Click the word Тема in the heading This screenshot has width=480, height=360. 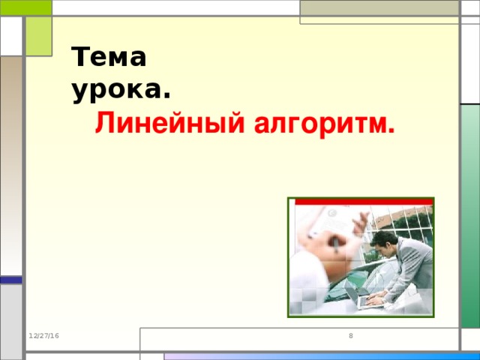(x=109, y=58)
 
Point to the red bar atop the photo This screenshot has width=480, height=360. (x=364, y=201)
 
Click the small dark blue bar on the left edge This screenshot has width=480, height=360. (x=10, y=280)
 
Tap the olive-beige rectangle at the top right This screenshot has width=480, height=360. (x=379, y=9)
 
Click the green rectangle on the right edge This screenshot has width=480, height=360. (x=469, y=217)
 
